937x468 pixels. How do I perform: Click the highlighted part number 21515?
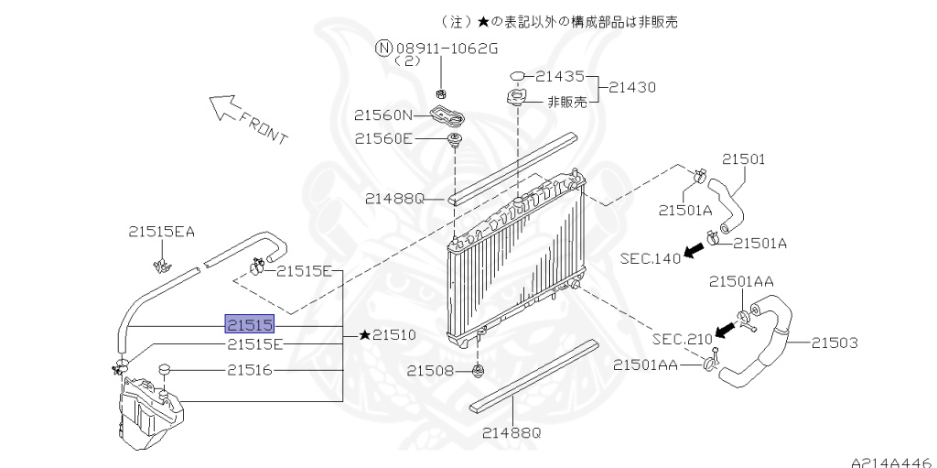tap(250, 324)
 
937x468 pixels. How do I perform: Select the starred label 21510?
tap(387, 335)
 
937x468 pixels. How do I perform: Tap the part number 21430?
tap(632, 87)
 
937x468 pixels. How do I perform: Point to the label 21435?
tap(559, 77)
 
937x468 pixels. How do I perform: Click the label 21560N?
tap(383, 114)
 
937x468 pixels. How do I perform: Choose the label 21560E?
tap(383, 139)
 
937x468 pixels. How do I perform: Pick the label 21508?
tap(431, 371)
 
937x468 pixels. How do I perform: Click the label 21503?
tap(835, 343)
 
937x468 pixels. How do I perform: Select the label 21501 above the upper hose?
tap(743, 159)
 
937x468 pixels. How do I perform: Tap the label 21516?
tap(250, 370)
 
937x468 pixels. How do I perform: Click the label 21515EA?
tap(161, 232)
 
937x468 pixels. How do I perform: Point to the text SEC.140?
tap(651, 258)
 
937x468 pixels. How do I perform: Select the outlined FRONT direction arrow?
tap(223, 107)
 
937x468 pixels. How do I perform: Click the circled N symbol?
tap(384, 48)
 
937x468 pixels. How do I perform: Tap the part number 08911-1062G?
tap(446, 48)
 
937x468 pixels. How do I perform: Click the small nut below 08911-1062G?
tap(441, 94)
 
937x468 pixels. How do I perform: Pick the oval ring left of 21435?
tap(518, 76)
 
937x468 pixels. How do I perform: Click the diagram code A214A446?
tap(893, 463)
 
